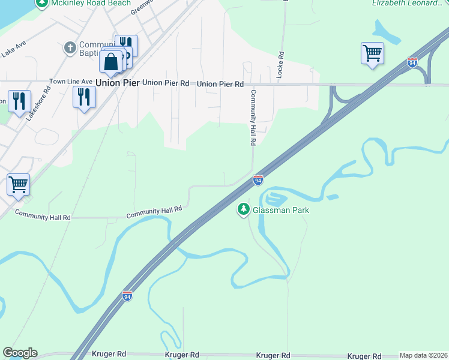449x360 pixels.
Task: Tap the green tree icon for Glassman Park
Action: pyautogui.click(x=244, y=209)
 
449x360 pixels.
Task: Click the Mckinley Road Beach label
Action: pyautogui.click(x=91, y=3)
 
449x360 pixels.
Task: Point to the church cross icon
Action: pyautogui.click(x=70, y=47)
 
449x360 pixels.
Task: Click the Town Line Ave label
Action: pyautogui.click(x=71, y=81)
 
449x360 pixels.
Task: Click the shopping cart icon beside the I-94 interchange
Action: pyautogui.click(x=372, y=53)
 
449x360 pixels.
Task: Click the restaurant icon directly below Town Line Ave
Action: pyautogui.click(x=83, y=97)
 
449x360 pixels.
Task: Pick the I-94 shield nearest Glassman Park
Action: pyautogui.click(x=258, y=180)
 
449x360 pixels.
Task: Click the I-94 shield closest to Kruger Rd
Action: pyautogui.click(x=127, y=296)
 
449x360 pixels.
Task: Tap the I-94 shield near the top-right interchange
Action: pyautogui.click(x=412, y=62)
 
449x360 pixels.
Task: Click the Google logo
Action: pyautogui.click(x=20, y=353)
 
